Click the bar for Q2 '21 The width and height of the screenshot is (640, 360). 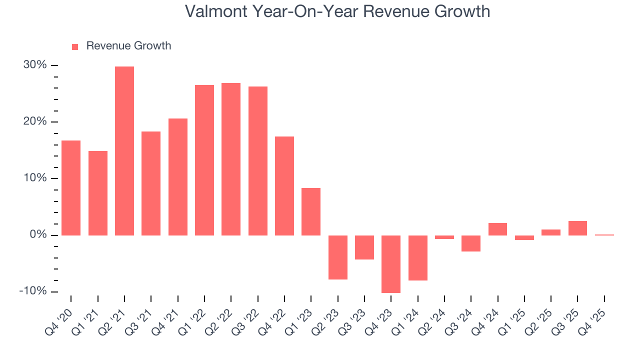click(x=124, y=150)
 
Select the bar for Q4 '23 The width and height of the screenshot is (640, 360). click(x=391, y=264)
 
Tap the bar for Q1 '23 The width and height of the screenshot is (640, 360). click(x=311, y=211)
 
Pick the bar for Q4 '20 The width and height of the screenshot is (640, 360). click(x=71, y=187)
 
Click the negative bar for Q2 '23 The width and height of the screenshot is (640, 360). click(x=337, y=257)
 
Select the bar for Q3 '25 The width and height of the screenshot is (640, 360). click(x=577, y=228)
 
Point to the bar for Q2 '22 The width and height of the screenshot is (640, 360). click(x=231, y=159)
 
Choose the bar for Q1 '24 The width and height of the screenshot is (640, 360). click(x=417, y=257)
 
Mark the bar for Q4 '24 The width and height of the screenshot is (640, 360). click(x=497, y=229)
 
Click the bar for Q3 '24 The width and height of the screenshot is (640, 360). click(x=471, y=243)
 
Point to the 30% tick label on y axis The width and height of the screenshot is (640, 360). click(x=34, y=65)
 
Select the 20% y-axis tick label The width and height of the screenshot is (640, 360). click(x=34, y=122)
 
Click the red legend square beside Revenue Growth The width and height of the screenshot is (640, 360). click(x=75, y=47)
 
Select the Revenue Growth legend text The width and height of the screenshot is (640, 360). click(x=128, y=46)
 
